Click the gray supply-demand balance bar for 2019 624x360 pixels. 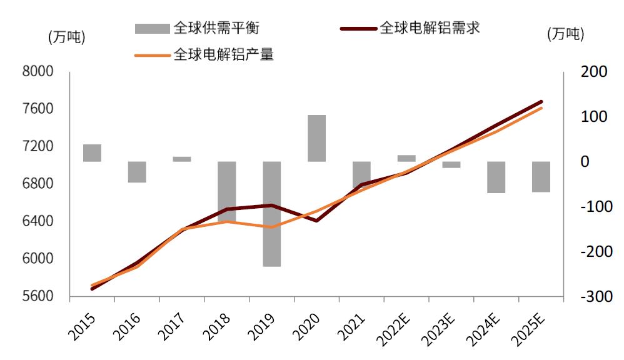[x=272, y=214]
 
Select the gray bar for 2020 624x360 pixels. [x=317, y=138]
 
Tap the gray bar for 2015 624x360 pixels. [x=92, y=152]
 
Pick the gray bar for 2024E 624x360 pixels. [x=496, y=177]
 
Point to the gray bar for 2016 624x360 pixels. [x=137, y=172]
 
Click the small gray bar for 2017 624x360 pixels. [x=182, y=159]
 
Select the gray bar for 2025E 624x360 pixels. [x=541, y=176]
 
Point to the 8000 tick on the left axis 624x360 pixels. [x=38, y=72]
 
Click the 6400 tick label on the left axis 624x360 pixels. [x=38, y=221]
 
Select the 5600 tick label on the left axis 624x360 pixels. [x=38, y=296]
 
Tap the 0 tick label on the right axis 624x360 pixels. [x=586, y=161]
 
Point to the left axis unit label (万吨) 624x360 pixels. [x=66, y=36]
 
